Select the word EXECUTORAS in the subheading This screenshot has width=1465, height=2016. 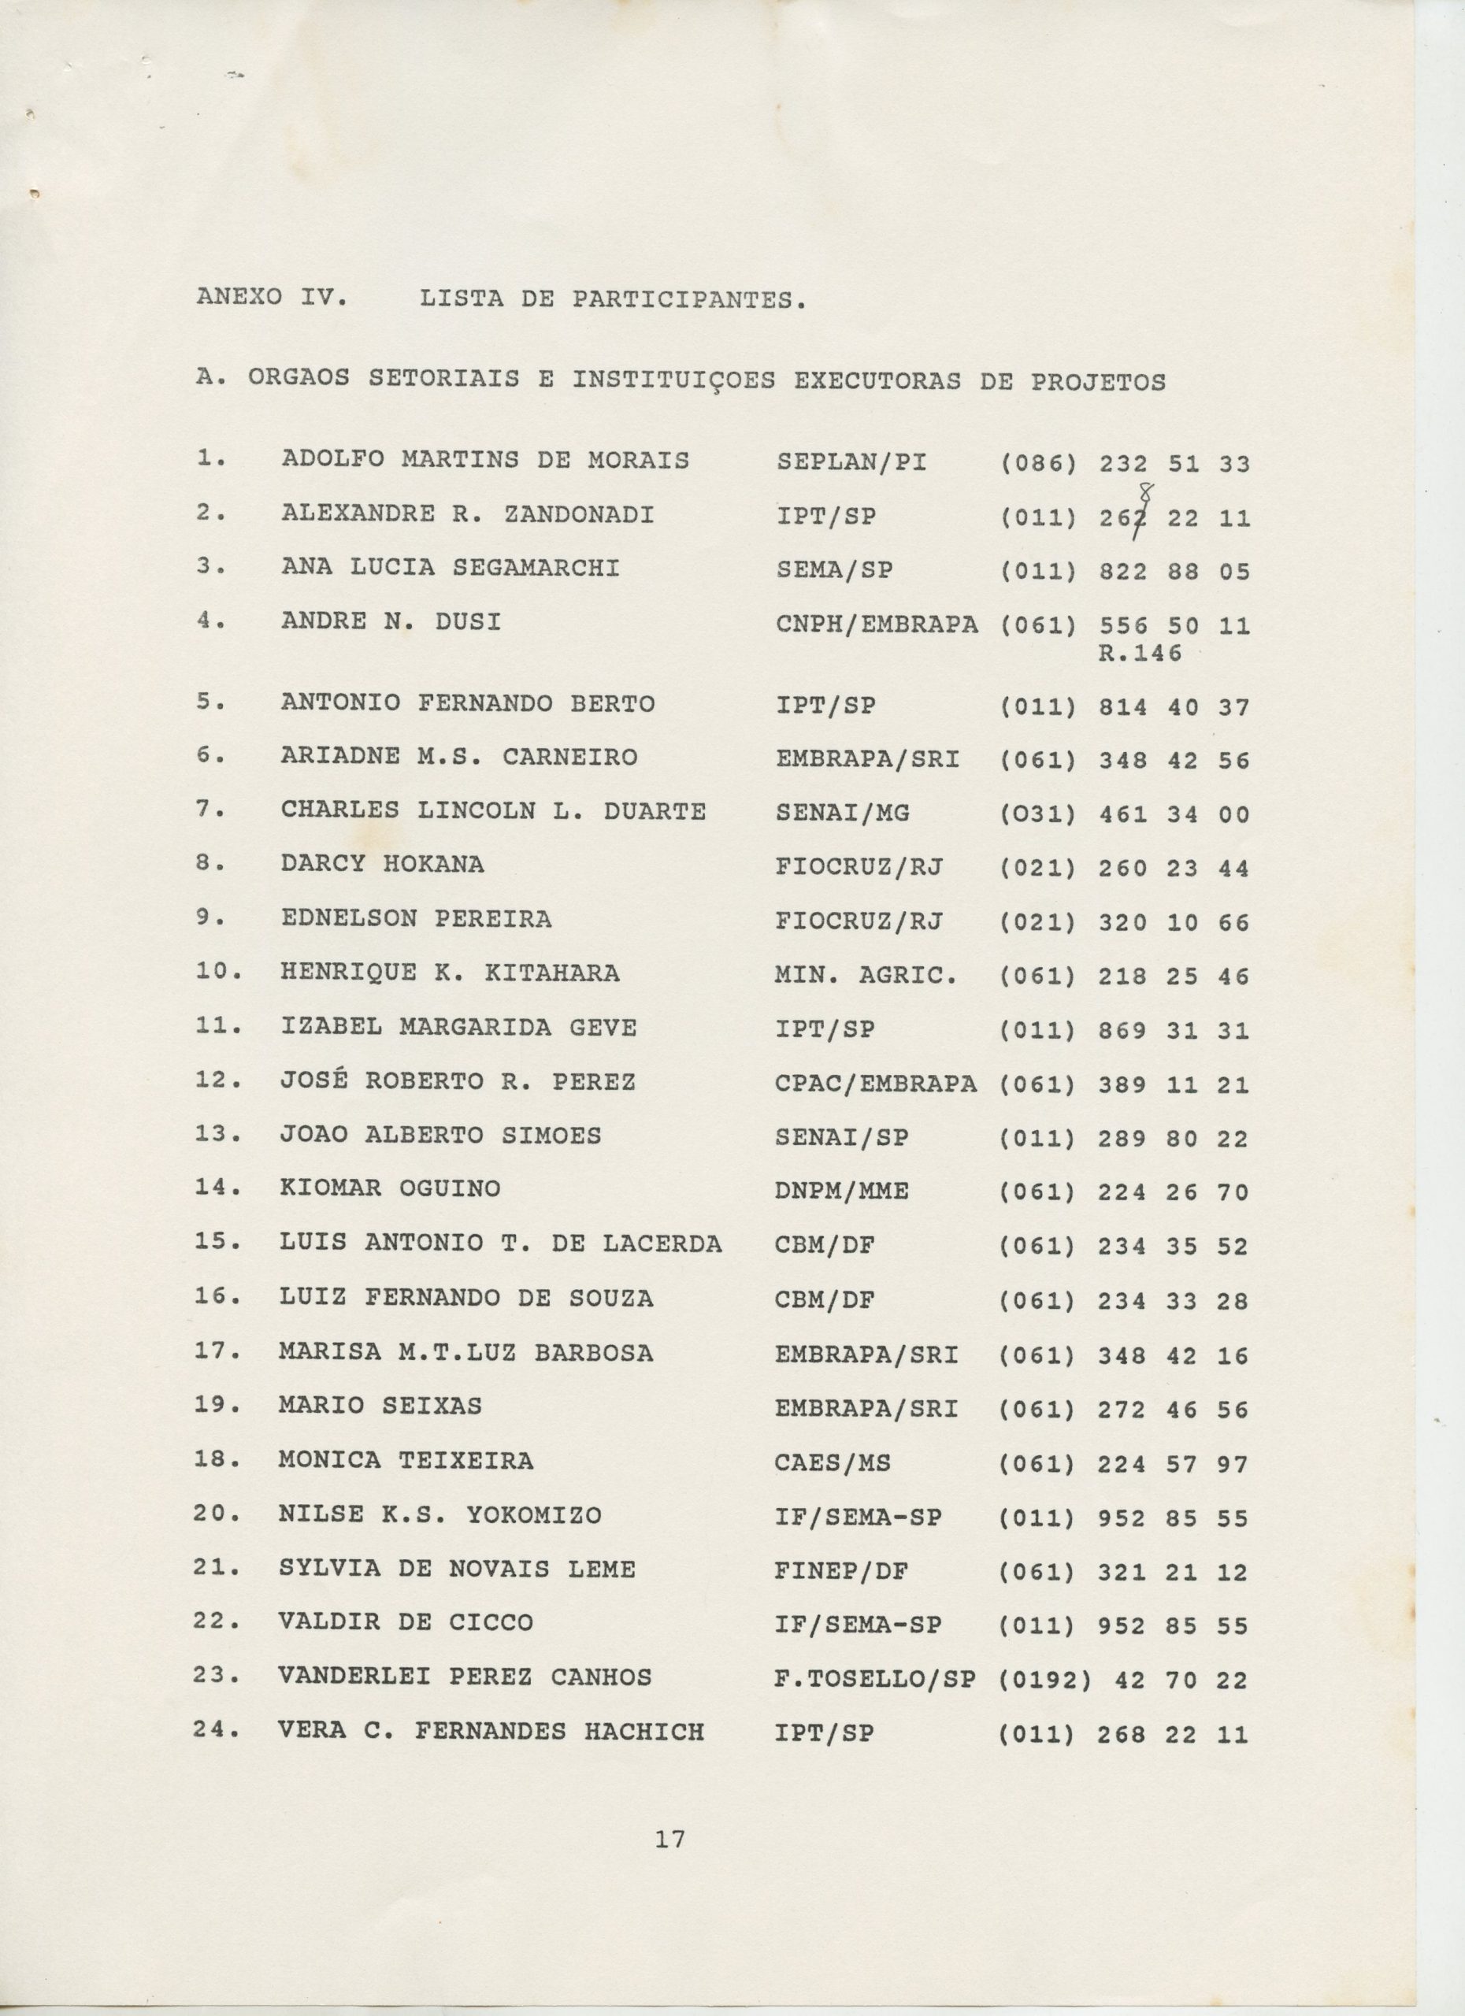tap(877, 381)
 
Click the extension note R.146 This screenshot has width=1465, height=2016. tap(1140, 654)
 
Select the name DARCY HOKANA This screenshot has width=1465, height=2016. tap(382, 864)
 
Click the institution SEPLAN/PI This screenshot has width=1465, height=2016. tap(851, 462)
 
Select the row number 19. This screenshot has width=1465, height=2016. tap(216, 1407)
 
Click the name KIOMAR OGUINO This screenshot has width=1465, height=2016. tap(389, 1189)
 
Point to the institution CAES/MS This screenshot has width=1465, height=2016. tap(833, 1462)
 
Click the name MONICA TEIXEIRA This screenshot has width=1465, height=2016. tap(406, 1461)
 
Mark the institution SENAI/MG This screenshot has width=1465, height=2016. tap(843, 813)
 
